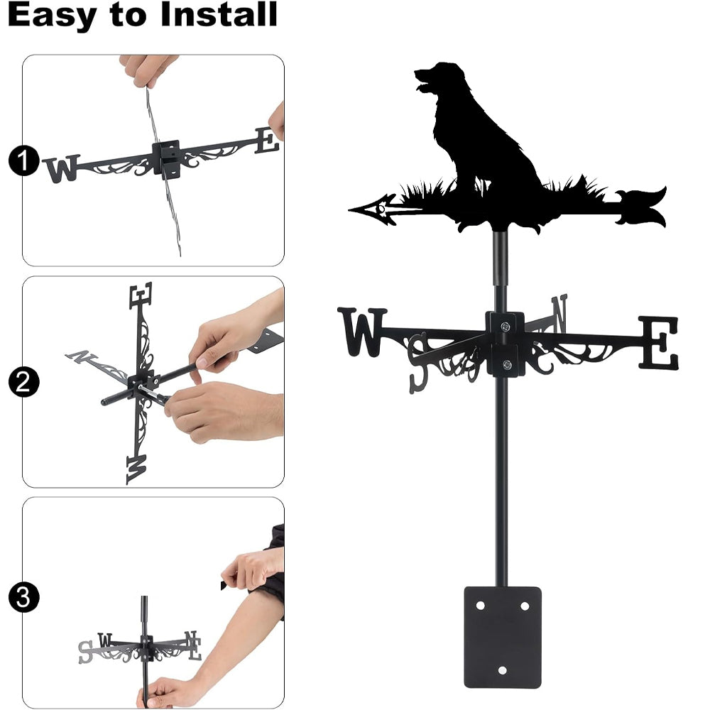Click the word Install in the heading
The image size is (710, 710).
(219, 14)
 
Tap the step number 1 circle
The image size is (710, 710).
(23, 160)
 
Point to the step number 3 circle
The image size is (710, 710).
(23, 597)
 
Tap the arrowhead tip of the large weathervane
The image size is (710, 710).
(349, 209)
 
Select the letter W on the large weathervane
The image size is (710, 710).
(362, 332)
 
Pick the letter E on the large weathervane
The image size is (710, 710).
(659, 342)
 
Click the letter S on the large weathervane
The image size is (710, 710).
(418, 363)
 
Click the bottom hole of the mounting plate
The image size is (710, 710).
(502, 670)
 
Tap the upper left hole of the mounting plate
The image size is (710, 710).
(480, 606)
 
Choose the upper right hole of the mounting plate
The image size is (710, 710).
(525, 606)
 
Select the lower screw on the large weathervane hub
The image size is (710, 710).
(507, 364)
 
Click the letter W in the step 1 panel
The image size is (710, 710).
(62, 168)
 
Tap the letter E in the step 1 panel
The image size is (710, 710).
(267, 141)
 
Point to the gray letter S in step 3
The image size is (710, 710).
(85, 652)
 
